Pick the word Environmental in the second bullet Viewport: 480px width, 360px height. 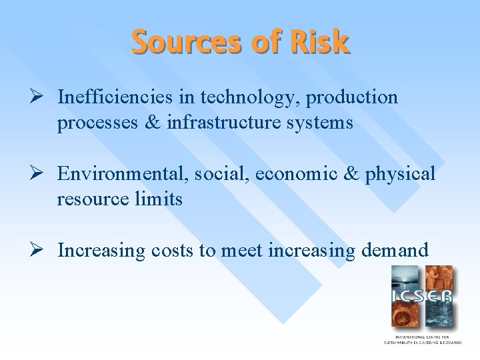[x=123, y=174]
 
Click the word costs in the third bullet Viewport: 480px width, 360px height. [x=174, y=251]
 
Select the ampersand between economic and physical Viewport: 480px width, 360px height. [x=349, y=174]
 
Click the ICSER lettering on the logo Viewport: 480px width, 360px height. [x=421, y=297]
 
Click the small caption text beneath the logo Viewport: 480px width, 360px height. [x=421, y=339]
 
